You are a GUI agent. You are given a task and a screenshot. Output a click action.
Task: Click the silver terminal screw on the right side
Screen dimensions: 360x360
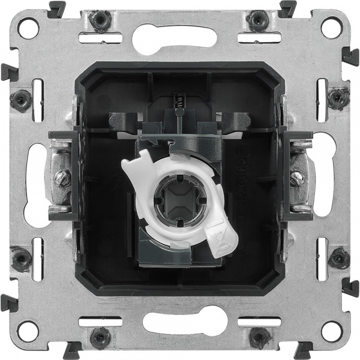pos(296,178)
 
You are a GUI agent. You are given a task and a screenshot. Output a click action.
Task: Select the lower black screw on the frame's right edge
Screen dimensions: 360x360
pos(338,258)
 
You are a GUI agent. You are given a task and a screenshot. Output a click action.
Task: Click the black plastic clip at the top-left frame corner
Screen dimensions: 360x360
pos(57,9)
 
